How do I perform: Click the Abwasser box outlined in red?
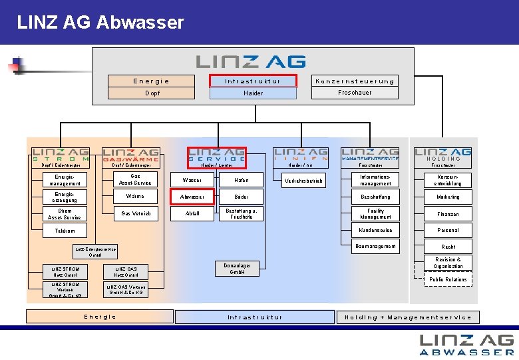point(192,197)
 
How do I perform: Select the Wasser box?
point(192,180)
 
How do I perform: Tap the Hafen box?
point(241,180)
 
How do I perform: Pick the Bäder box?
point(241,197)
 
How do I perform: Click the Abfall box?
point(192,214)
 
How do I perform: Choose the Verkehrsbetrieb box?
point(304,180)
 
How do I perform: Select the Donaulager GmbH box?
point(238,268)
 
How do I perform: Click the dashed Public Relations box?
point(448,279)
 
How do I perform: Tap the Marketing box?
point(448,197)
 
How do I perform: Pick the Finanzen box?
point(448,214)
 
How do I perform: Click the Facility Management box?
point(375,214)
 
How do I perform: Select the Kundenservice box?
point(375,230)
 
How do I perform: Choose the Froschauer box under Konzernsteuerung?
point(355,93)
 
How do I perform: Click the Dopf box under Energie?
point(152,93)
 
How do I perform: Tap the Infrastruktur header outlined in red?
point(252,81)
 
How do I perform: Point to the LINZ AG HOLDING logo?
point(442,154)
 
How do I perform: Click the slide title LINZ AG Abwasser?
point(100,23)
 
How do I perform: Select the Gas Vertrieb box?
point(135,214)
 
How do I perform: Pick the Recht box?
point(448,247)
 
